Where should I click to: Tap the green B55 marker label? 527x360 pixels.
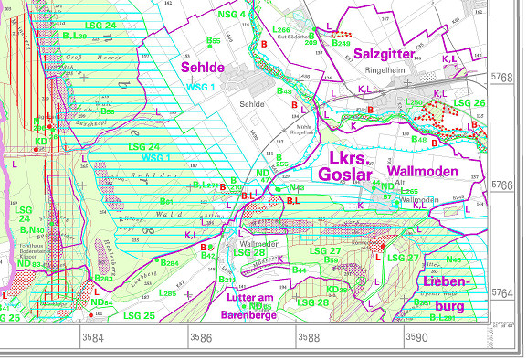(x=214, y=40)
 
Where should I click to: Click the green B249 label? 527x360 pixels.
(x=341, y=42)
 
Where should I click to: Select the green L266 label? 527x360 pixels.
(x=281, y=30)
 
